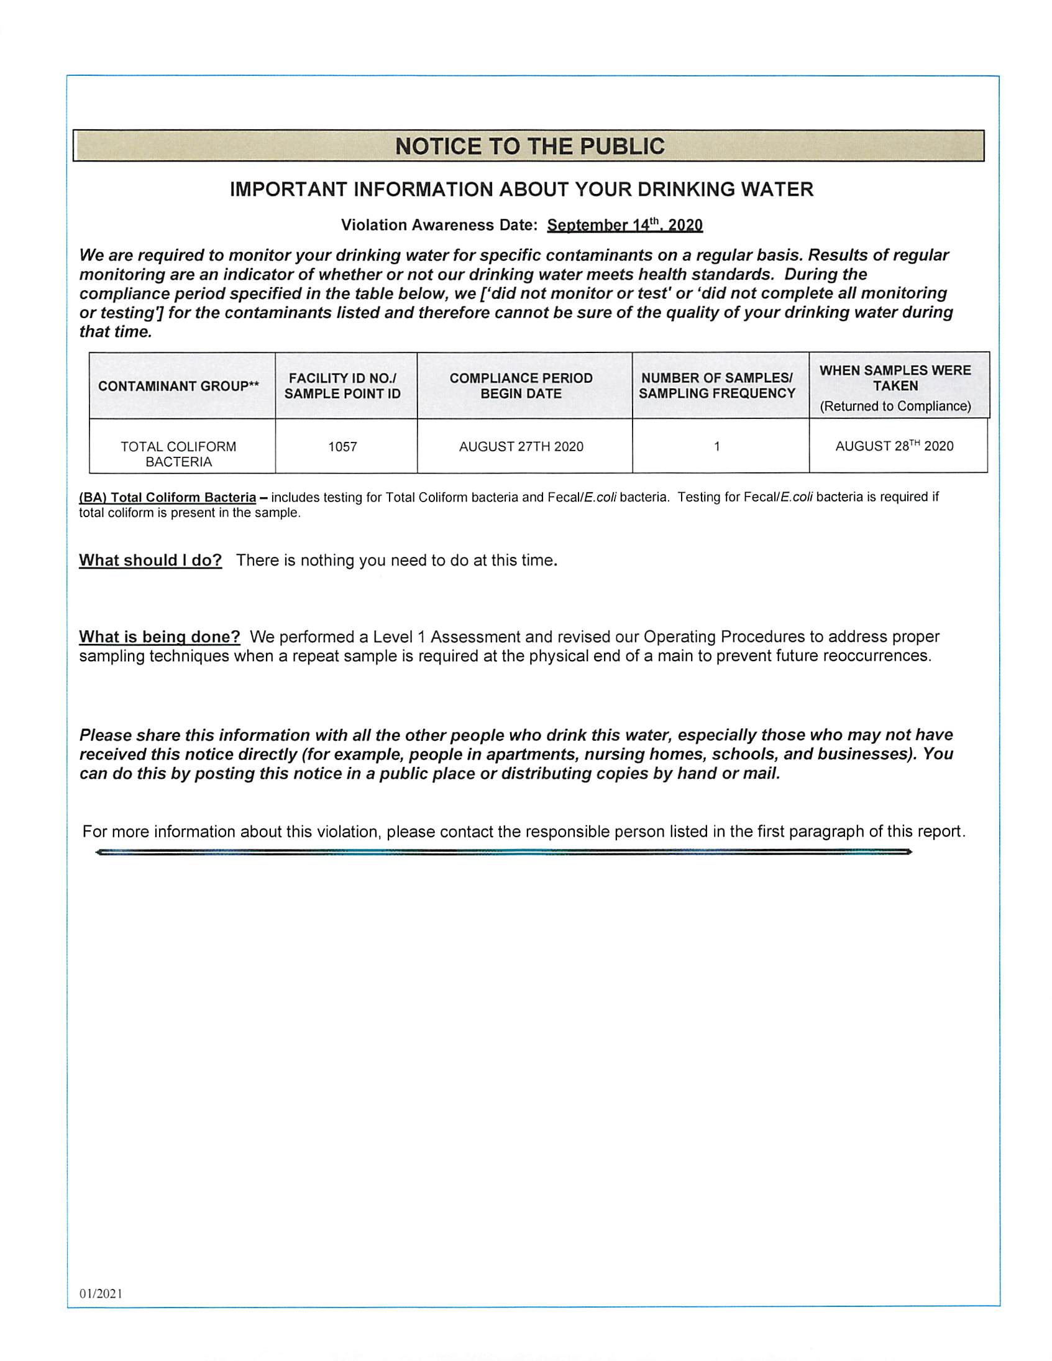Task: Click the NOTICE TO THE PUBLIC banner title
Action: tap(530, 147)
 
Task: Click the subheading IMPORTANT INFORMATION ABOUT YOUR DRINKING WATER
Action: tap(521, 190)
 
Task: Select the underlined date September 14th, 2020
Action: tap(624, 226)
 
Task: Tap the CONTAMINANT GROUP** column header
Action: tap(178, 387)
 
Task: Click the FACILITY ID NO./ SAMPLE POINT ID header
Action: tap(343, 386)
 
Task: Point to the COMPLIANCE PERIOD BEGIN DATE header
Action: tap(521, 386)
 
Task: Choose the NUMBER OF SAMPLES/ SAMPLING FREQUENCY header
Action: tap(716, 386)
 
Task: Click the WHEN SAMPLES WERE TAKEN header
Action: tap(895, 378)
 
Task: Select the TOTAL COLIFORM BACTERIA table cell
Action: tap(179, 454)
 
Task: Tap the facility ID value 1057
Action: tap(343, 447)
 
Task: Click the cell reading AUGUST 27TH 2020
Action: tap(521, 447)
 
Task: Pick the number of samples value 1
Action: tap(716, 447)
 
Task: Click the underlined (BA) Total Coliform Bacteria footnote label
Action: tap(168, 498)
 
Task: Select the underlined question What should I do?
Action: tap(150, 561)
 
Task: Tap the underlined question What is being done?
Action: tap(160, 637)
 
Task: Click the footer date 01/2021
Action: tap(101, 1294)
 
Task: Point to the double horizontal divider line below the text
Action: tap(503, 852)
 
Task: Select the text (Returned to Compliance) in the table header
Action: tap(895, 406)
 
